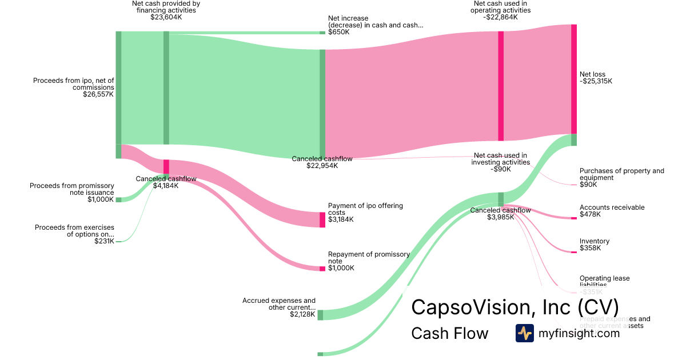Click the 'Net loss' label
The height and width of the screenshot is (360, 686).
(x=592, y=74)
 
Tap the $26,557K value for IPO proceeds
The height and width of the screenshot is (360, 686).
(x=98, y=94)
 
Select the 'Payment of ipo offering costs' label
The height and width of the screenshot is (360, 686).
(x=365, y=209)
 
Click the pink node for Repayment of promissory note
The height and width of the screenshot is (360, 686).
(x=322, y=269)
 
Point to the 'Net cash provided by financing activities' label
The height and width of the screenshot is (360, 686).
(x=166, y=6)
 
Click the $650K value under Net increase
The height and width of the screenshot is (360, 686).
(x=338, y=32)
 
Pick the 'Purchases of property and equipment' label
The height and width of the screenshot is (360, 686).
(x=621, y=174)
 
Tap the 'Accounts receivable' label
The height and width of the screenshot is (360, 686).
(x=612, y=207)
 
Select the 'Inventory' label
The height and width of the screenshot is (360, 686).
(x=595, y=241)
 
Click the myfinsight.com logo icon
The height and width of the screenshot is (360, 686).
(x=524, y=333)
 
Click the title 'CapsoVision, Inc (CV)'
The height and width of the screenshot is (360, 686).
(x=514, y=306)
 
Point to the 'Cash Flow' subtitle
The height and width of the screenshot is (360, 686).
(x=449, y=333)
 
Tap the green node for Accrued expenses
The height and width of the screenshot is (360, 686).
(x=320, y=315)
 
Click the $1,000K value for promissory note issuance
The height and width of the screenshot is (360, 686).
(x=101, y=199)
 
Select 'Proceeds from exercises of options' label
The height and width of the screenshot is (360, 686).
(x=74, y=231)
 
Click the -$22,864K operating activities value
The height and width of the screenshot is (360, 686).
(x=500, y=17)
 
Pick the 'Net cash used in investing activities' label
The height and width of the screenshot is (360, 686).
(x=500, y=158)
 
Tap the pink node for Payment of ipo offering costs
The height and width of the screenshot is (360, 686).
(x=322, y=219)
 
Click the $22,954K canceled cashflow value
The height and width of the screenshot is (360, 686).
(x=322, y=166)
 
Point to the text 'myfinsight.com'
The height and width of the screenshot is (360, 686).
(x=579, y=333)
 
